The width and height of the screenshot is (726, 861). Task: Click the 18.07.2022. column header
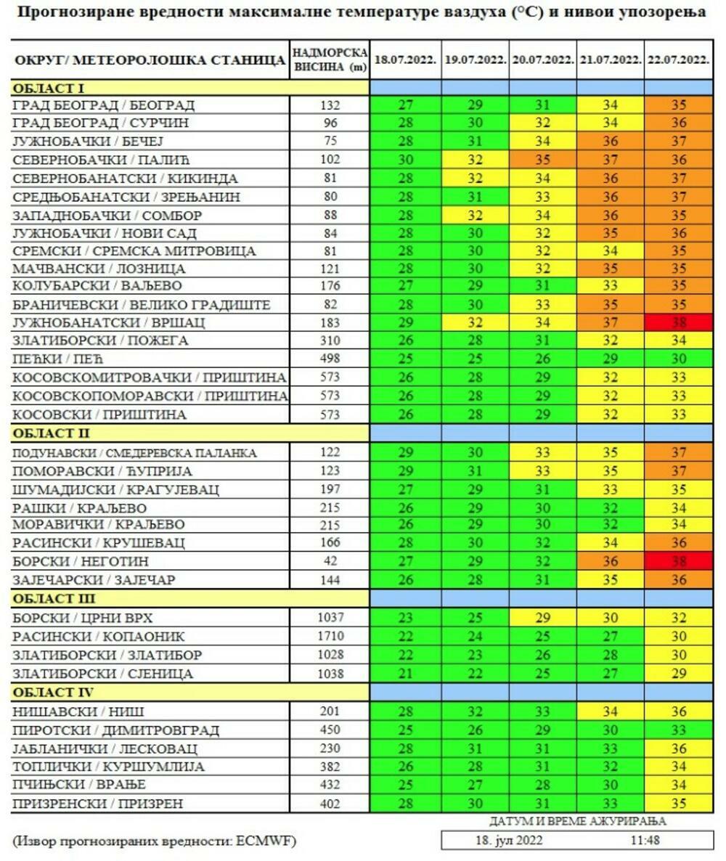pyautogui.click(x=405, y=61)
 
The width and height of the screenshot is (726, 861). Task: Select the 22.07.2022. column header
pyautogui.click(x=678, y=61)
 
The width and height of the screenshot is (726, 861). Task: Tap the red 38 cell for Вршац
pyautogui.click(x=678, y=323)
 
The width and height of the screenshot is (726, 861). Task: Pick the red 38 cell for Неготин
pyautogui.click(x=678, y=562)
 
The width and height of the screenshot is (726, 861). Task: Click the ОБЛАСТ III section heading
pyautogui.click(x=54, y=599)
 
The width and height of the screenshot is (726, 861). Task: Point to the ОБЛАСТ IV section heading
pyautogui.click(x=54, y=693)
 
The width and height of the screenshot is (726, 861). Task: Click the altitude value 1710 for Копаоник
pyautogui.click(x=329, y=637)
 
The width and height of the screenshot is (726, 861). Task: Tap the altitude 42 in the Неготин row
pyautogui.click(x=329, y=562)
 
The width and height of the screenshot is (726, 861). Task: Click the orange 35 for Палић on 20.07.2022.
pyautogui.click(x=542, y=160)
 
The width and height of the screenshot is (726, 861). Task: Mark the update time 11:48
pyautogui.click(x=645, y=841)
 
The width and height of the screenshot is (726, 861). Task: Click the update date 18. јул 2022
pyautogui.click(x=509, y=841)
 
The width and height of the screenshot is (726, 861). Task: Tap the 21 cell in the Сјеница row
pyautogui.click(x=405, y=674)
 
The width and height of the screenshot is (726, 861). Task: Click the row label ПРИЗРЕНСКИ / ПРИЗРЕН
pyautogui.click(x=98, y=804)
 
